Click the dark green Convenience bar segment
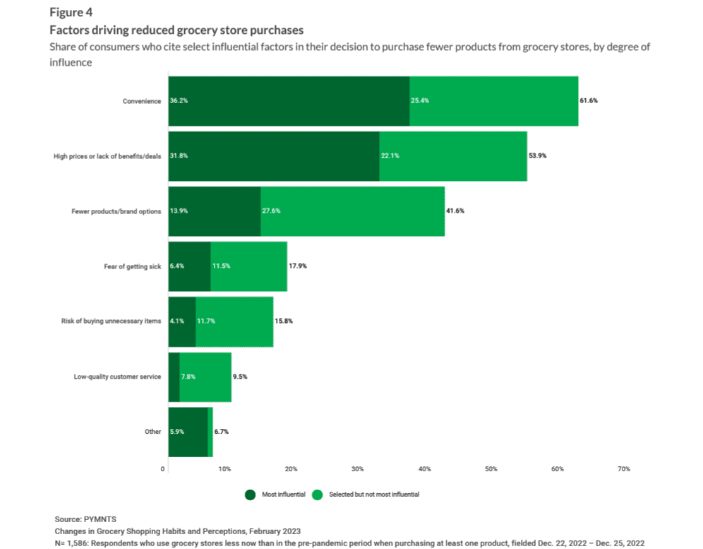[289, 101]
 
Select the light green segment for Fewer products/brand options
[353, 211]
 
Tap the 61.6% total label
[589, 101]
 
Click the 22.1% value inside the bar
[390, 156]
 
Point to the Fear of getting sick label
[133, 266]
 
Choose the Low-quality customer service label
[118, 377]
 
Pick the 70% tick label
[623, 469]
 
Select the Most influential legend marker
[251, 495]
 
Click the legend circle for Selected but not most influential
[318, 495]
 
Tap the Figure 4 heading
[70, 12]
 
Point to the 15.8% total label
[284, 321]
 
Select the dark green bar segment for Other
[188, 432]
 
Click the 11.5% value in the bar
[222, 266]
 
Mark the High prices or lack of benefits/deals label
[107, 156]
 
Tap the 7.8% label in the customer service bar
[188, 377]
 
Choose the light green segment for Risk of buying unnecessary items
[234, 321]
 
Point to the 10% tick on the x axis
[224, 469]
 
